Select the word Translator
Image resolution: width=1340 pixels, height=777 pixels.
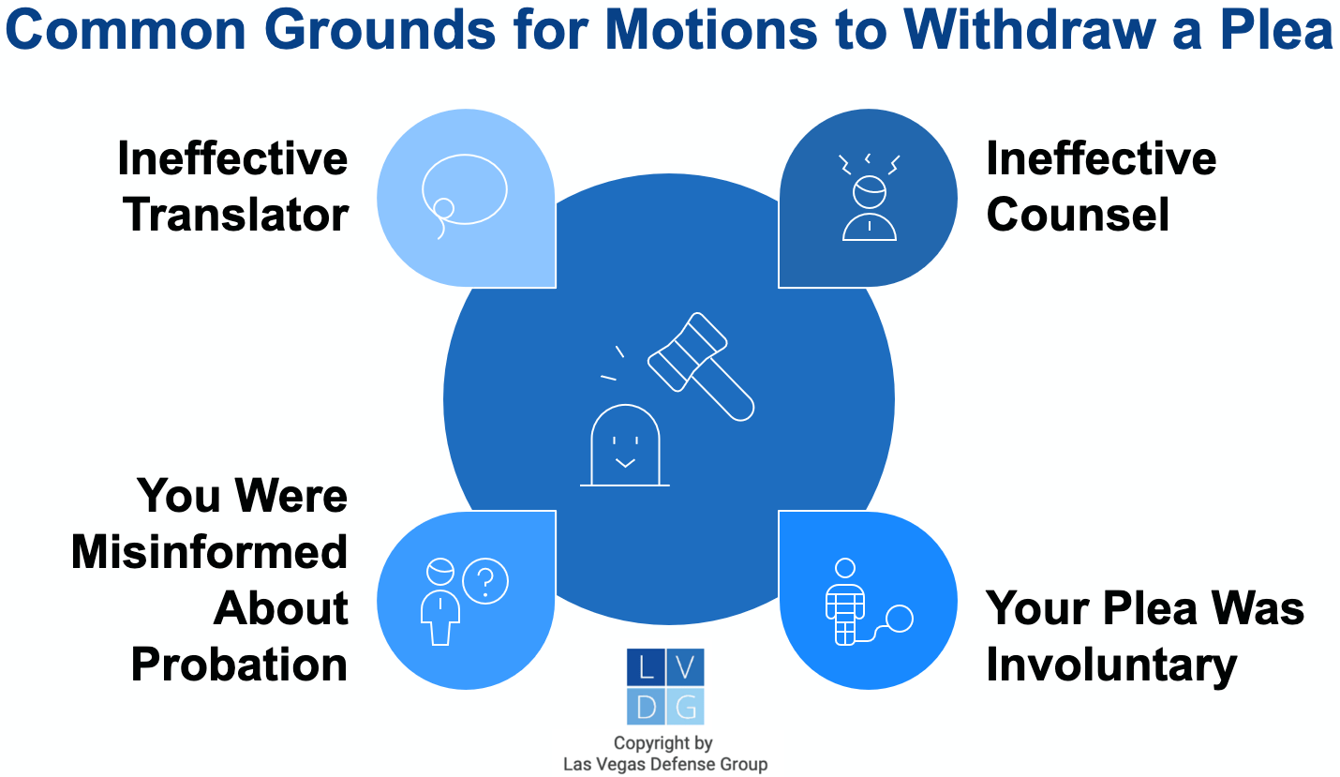click(x=236, y=215)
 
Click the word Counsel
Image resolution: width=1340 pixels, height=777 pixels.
click(x=1078, y=215)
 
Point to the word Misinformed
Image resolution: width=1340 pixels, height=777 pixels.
click(x=210, y=552)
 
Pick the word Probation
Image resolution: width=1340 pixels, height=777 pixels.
click(x=239, y=665)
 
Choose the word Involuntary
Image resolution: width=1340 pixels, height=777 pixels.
click(x=1111, y=665)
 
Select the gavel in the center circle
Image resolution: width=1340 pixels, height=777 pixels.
click(x=701, y=365)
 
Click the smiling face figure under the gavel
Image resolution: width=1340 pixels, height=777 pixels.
click(x=624, y=444)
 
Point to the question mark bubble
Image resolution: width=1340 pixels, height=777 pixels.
click(x=485, y=582)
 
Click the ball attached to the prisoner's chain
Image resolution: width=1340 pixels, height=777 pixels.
click(x=900, y=619)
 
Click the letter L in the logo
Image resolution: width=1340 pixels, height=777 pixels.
click(x=645, y=667)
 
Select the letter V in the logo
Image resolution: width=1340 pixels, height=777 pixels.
click(x=685, y=667)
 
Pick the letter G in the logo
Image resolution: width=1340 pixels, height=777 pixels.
click(x=685, y=707)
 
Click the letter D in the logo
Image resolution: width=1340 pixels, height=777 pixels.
click(x=645, y=707)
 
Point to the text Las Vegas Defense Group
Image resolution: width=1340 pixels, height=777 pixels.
click(x=664, y=764)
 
